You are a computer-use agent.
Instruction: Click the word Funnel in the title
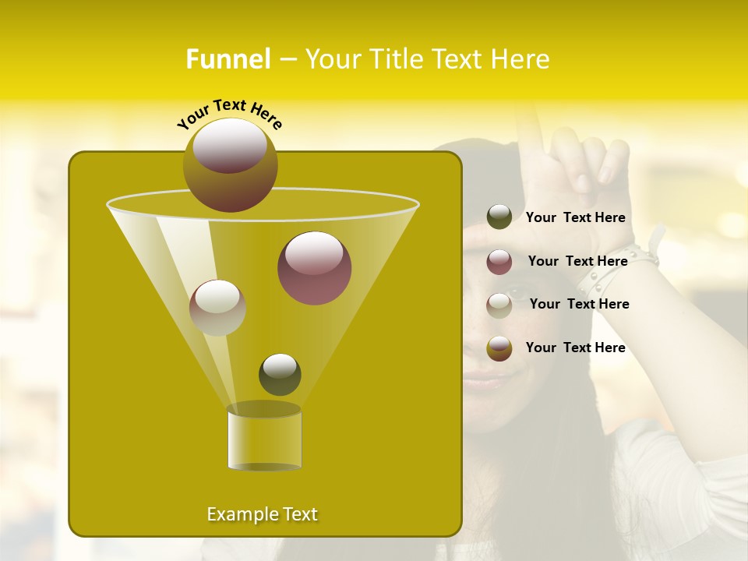(x=228, y=59)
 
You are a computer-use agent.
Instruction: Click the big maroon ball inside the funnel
(x=314, y=268)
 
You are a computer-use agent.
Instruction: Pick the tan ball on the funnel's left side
(x=217, y=307)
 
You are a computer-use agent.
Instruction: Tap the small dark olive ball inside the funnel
(x=280, y=374)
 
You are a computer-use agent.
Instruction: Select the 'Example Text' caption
(x=263, y=514)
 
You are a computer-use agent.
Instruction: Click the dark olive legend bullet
(x=499, y=217)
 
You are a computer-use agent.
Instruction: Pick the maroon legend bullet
(x=499, y=262)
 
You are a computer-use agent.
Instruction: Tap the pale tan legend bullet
(x=499, y=305)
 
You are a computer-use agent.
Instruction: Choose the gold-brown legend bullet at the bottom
(x=499, y=348)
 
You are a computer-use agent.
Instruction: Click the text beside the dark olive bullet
(x=576, y=217)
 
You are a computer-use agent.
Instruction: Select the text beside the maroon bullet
(x=577, y=261)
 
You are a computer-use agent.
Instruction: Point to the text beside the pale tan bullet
(x=579, y=304)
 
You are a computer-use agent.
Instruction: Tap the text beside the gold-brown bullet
(x=576, y=348)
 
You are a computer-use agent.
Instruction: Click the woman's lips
(x=485, y=381)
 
